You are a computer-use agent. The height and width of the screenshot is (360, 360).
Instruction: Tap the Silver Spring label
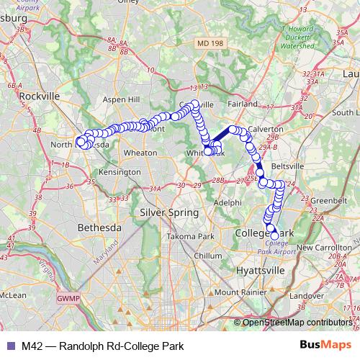pos(168,212)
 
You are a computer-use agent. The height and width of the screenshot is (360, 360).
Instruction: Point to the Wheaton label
pos(140,153)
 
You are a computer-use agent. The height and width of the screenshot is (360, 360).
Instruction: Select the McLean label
pos(12,294)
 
